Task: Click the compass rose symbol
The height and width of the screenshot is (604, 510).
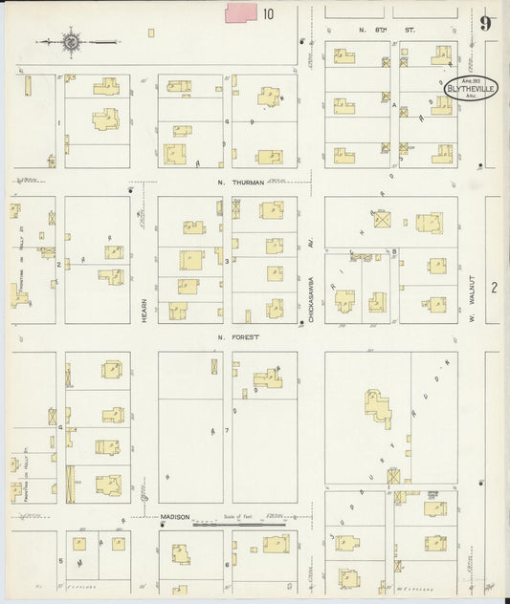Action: pyautogui.click(x=71, y=41)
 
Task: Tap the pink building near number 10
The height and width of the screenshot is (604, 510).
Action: pyautogui.click(x=241, y=12)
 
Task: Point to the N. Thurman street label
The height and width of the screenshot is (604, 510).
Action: pyautogui.click(x=233, y=183)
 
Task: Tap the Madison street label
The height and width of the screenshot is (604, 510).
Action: pyautogui.click(x=175, y=517)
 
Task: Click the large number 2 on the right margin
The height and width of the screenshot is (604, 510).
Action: pyautogui.click(x=495, y=287)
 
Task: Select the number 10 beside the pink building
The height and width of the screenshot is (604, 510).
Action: pyautogui.click(x=269, y=13)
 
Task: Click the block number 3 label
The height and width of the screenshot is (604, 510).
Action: pyautogui.click(x=227, y=260)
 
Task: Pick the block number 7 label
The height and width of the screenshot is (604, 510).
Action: pyautogui.click(x=227, y=432)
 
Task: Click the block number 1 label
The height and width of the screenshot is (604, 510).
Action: pyautogui.click(x=59, y=122)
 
